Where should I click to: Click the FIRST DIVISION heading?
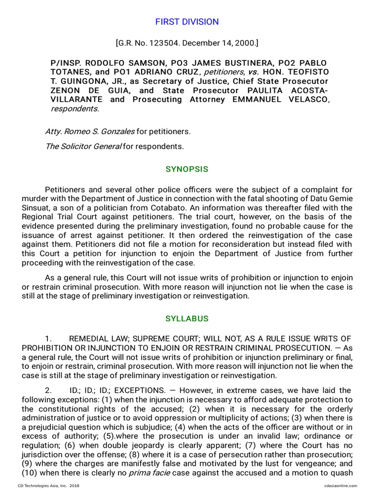click(187, 22)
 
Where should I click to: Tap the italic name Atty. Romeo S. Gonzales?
click(89, 132)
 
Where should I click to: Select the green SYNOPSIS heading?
click(187, 169)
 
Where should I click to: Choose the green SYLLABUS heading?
click(187, 319)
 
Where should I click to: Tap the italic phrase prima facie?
click(147, 473)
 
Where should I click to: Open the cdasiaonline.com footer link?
click(340, 485)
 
